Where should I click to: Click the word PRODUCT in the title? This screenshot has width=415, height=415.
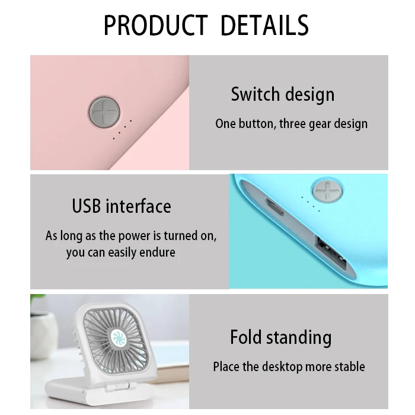tap(155, 25)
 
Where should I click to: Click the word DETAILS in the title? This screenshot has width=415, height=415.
tap(264, 25)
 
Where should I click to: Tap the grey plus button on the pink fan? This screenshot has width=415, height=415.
tap(104, 113)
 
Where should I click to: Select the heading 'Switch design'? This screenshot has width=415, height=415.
tap(282, 94)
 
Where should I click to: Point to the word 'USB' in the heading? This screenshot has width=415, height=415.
tap(87, 206)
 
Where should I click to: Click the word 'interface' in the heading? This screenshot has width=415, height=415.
tap(138, 206)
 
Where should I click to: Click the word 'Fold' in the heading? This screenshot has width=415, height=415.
tap(245, 337)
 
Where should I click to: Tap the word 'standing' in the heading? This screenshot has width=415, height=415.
tap(298, 338)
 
